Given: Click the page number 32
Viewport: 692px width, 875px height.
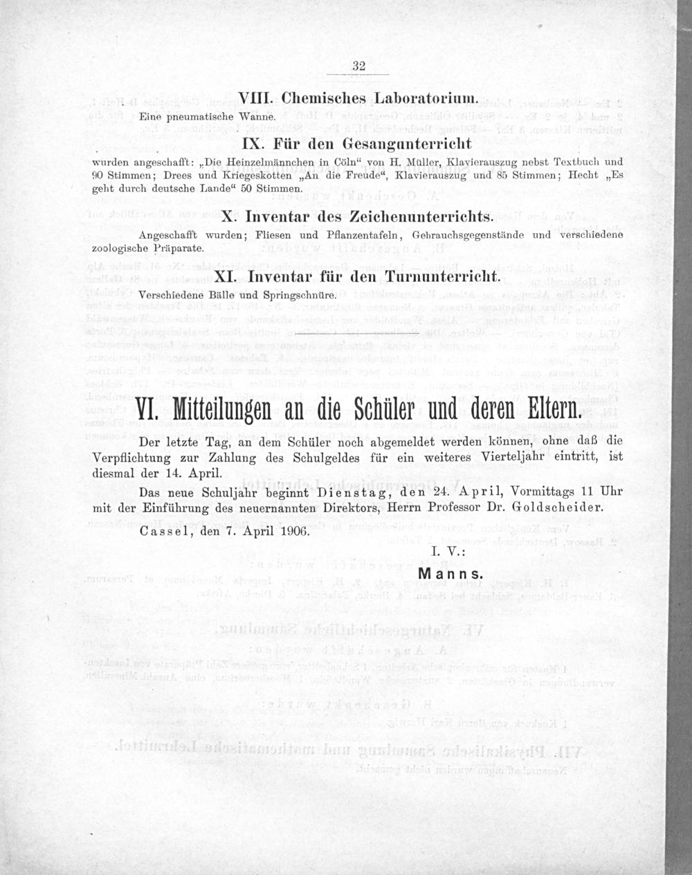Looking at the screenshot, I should tap(358, 66).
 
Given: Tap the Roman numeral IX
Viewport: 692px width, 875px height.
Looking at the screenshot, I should tap(255, 143).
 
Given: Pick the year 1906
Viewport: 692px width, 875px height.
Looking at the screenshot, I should tap(294, 533).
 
